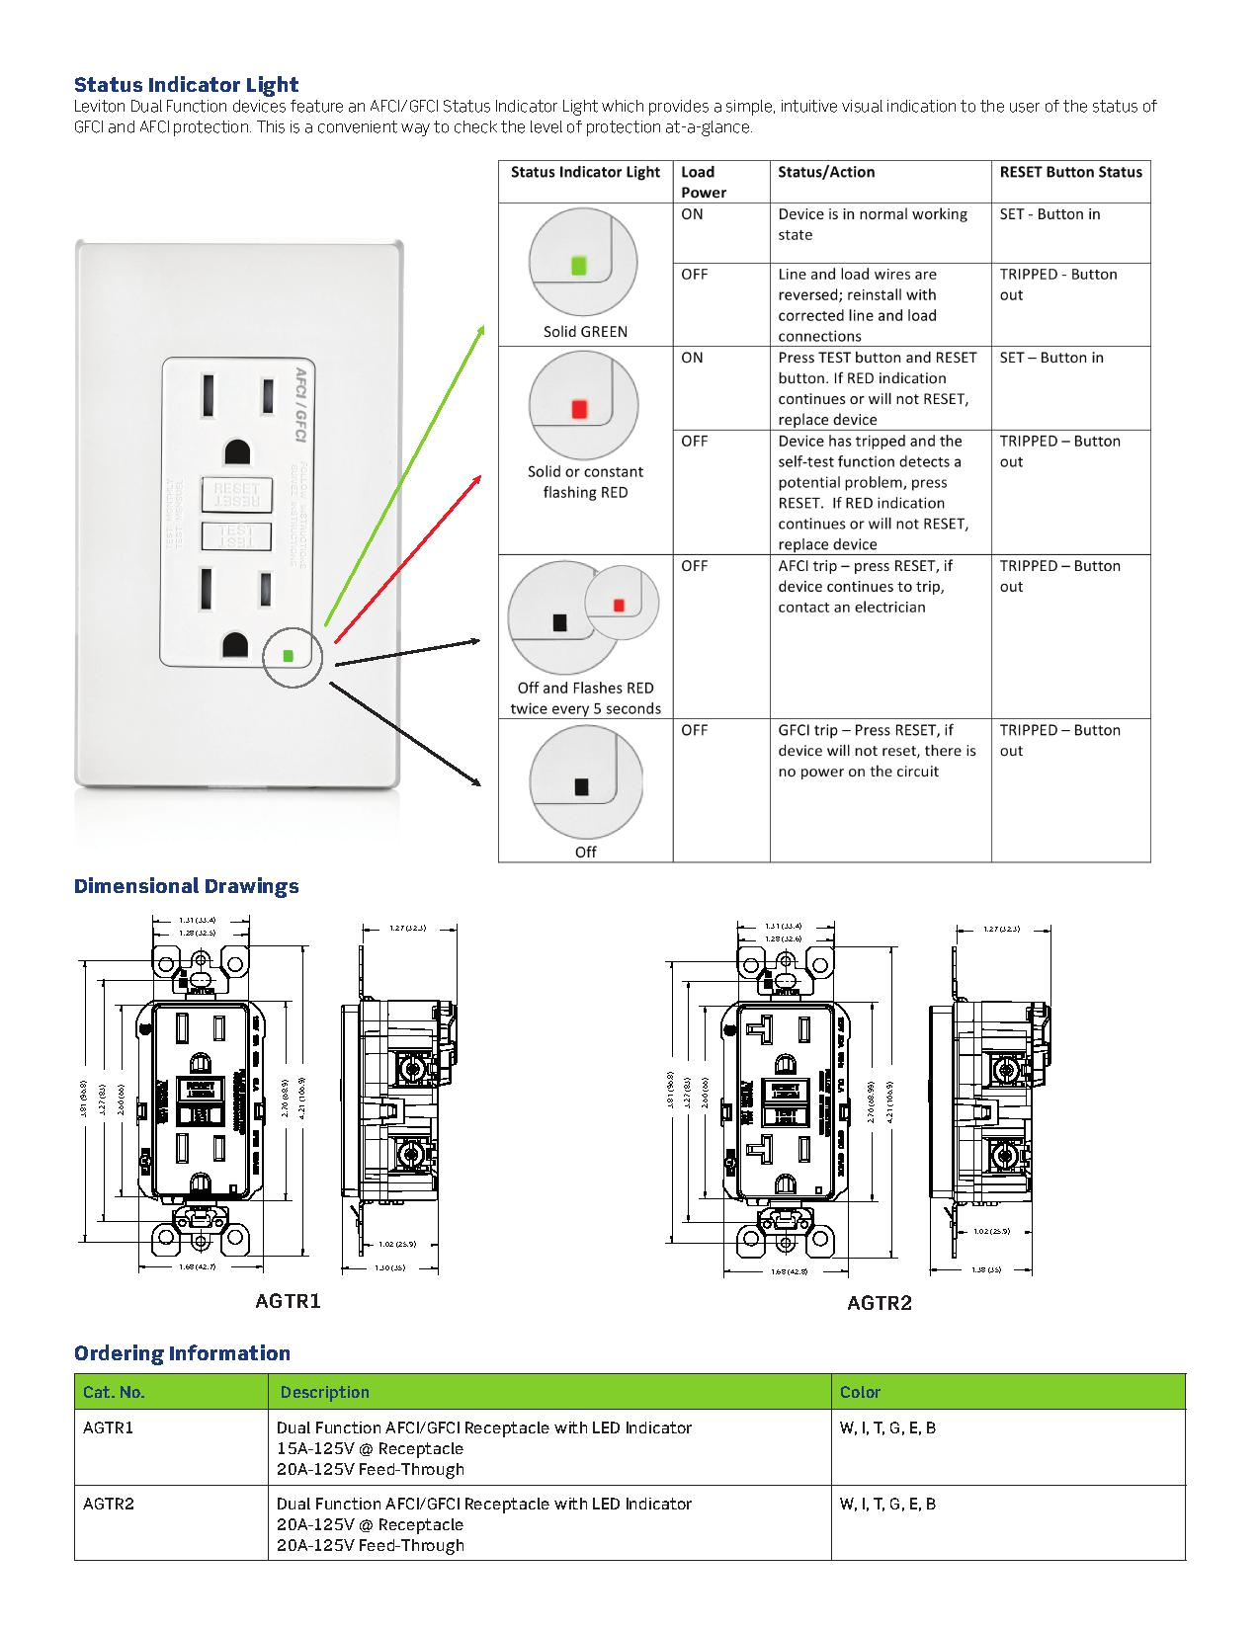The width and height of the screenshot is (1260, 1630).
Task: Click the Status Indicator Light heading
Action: pos(186,85)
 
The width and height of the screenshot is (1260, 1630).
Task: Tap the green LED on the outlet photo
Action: pos(288,655)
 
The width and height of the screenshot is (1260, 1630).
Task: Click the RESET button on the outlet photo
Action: pos(236,494)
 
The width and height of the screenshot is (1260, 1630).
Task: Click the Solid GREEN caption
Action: pos(585,332)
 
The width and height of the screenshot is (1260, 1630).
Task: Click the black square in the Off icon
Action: pos(581,787)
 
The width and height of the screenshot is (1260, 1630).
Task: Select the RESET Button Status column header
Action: pos(1070,172)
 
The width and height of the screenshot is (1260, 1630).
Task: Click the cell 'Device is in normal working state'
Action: pos(872,224)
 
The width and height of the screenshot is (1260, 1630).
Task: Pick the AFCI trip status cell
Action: pos(865,587)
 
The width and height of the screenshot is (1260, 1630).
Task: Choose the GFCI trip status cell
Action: pos(876,751)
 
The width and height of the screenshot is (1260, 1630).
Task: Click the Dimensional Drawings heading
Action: pos(186,886)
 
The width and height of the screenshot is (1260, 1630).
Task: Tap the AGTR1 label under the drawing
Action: pos(288,1301)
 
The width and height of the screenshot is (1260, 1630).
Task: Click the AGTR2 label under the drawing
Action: pos(879,1303)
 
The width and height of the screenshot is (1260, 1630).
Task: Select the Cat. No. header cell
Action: pos(114,1392)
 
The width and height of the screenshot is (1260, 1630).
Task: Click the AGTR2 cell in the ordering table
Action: pos(109,1504)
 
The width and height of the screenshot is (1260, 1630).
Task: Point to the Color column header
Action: pos(860,1392)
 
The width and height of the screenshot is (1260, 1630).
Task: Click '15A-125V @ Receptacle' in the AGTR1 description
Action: pos(370,1448)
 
